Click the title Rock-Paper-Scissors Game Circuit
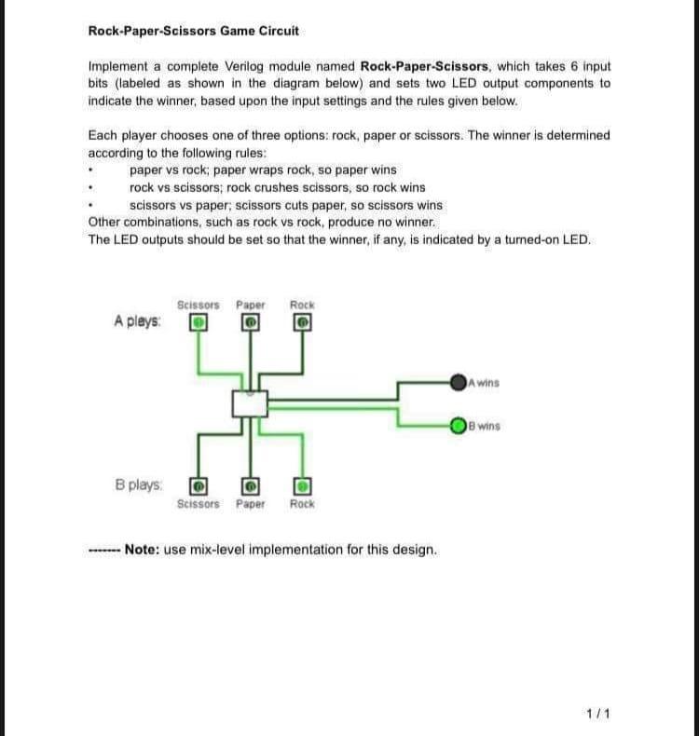193,31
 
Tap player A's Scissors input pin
198,322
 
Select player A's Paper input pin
251,322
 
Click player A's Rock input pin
302,322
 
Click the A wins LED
458,381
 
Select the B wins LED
458,427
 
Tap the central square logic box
250,403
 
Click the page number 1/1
597,714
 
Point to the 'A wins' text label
485,382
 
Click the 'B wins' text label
485,427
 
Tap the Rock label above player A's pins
302,305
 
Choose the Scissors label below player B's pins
198,504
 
